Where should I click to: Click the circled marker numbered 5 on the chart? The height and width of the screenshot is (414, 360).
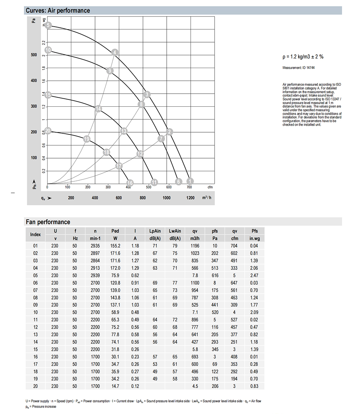49,25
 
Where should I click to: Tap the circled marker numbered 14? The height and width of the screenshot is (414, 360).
99,108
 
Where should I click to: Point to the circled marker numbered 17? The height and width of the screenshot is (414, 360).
119,166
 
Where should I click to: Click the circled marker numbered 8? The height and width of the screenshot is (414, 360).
141,104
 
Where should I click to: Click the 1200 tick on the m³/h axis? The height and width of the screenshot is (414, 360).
190,198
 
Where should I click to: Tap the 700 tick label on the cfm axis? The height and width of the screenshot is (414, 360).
189,187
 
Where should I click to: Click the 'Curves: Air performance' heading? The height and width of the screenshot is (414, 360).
58,10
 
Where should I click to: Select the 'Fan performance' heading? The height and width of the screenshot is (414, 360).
48,222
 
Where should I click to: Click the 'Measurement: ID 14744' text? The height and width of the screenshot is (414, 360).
299,68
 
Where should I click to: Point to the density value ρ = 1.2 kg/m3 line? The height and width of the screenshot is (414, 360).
303,57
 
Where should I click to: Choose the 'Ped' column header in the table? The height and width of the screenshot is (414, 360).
115,231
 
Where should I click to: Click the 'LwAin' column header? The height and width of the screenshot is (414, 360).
175,231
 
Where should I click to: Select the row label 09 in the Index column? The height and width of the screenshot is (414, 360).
35,305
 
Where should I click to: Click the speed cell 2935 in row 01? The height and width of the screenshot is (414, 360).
95,246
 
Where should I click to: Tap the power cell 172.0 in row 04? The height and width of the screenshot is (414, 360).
115,268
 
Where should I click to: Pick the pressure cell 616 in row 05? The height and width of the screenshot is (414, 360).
215,276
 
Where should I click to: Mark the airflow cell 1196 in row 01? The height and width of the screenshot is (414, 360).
195,246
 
